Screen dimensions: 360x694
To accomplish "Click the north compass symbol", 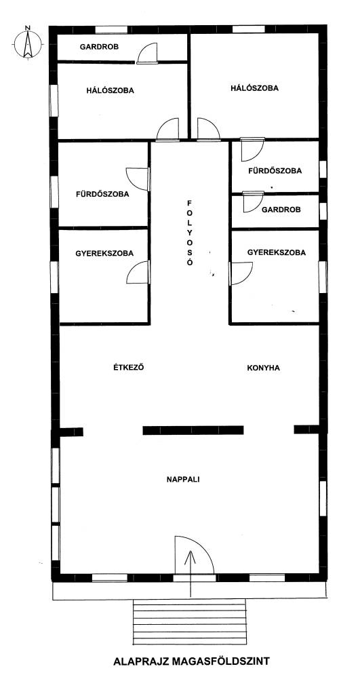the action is (x=27, y=43).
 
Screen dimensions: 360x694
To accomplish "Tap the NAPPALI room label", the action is (x=183, y=479).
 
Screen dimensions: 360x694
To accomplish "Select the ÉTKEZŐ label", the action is (x=129, y=367).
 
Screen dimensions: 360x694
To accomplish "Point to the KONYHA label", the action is (x=263, y=368).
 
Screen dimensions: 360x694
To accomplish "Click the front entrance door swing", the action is (x=194, y=556).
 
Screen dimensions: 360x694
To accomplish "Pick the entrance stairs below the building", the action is (x=190, y=622).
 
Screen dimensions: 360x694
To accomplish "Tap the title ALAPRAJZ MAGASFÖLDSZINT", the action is (x=191, y=661).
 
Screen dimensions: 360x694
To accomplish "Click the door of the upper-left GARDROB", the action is (x=147, y=53).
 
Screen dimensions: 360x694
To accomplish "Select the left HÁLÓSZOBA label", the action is (x=110, y=90).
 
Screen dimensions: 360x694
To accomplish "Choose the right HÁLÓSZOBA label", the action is (x=254, y=88).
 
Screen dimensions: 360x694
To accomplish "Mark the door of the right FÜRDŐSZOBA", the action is (x=252, y=150).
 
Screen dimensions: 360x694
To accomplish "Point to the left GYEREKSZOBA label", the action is (x=104, y=254).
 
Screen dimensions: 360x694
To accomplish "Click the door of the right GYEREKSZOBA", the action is (x=241, y=273).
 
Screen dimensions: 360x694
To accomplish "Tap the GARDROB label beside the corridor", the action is (x=281, y=210).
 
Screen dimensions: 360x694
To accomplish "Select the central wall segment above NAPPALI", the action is (x=193, y=430).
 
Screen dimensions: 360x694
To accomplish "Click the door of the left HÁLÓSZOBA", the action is (x=168, y=130).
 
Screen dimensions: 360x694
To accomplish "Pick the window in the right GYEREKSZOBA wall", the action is (x=323, y=277).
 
